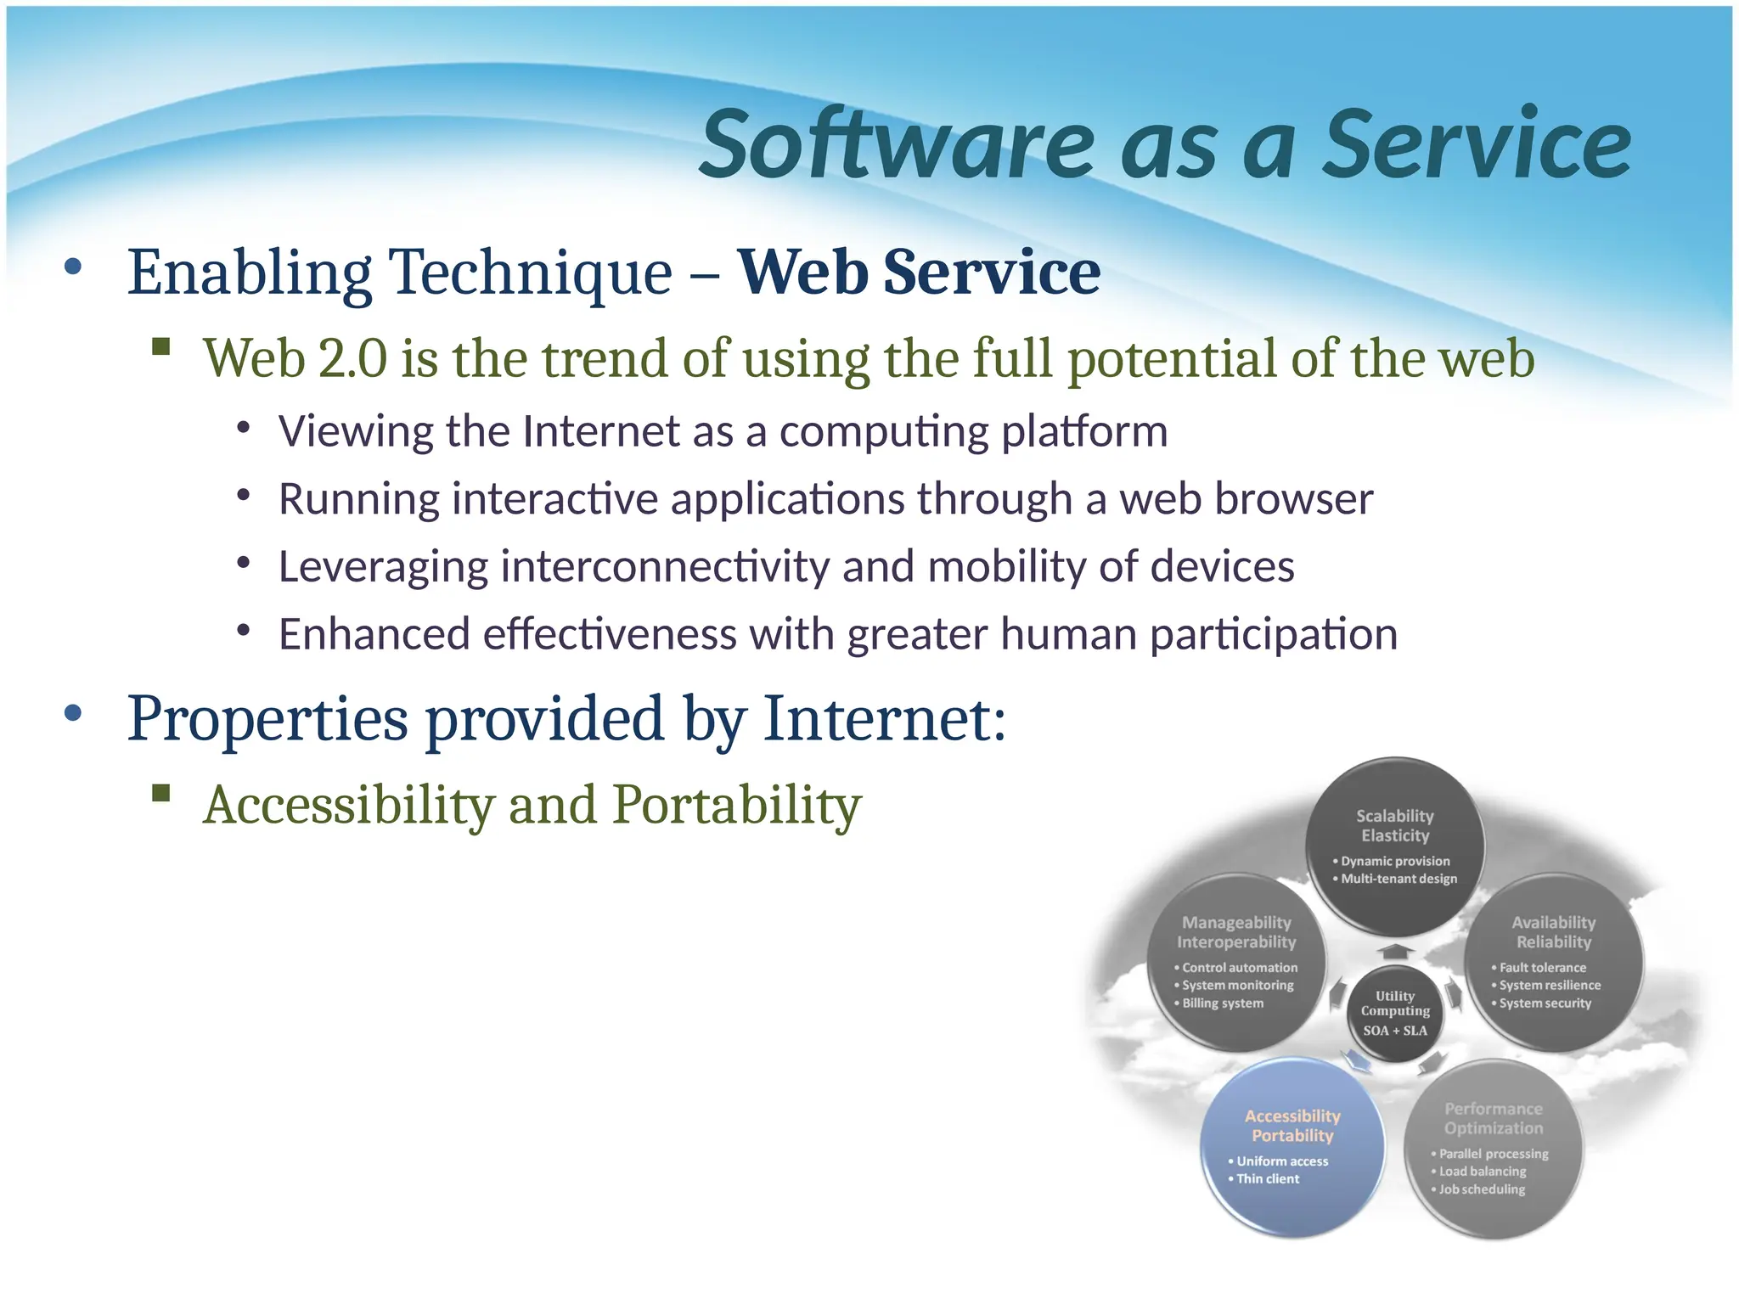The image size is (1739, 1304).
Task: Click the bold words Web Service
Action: [919, 273]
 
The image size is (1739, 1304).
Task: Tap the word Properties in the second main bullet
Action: [267, 719]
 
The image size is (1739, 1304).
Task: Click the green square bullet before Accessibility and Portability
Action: [161, 794]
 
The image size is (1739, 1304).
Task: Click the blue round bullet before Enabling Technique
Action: [73, 267]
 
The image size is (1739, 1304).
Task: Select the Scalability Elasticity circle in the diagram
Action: [1395, 847]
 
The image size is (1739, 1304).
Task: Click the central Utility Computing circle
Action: [1395, 1013]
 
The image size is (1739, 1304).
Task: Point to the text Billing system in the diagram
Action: [1223, 1003]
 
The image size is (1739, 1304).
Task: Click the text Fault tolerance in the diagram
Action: [1542, 968]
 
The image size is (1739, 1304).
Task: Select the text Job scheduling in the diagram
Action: [1482, 1189]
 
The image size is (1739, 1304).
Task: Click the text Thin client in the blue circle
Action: [1268, 1179]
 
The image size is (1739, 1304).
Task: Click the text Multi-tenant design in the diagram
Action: [1399, 880]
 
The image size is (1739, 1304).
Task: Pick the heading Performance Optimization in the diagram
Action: [1494, 1119]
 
